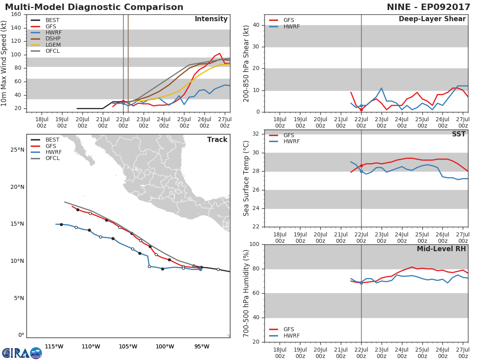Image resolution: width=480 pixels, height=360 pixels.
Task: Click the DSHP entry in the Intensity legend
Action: [46, 39]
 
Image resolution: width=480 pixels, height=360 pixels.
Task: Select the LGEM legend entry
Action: [46, 45]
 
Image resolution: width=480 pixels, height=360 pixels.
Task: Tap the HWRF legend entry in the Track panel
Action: [46, 152]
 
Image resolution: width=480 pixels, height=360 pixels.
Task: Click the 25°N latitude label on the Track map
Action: [17, 150]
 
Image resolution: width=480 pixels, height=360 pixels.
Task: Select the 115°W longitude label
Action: [54, 347]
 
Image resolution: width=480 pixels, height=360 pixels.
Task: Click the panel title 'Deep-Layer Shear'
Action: [432, 19]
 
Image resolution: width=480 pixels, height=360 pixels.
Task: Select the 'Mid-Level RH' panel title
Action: [441, 249]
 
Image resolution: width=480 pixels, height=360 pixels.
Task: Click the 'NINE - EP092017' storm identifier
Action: [428, 7]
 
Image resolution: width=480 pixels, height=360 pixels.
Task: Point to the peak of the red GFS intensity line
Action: [220, 53]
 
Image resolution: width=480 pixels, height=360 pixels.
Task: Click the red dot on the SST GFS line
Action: [361, 166]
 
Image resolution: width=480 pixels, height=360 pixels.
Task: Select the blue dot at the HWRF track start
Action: [200, 270]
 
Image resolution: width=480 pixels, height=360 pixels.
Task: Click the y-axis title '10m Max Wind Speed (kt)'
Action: [4, 63]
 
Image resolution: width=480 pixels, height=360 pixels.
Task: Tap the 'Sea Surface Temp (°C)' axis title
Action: [246, 178]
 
